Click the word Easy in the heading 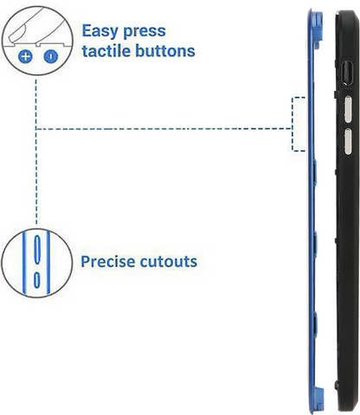click(100, 31)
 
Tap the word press click(145, 32)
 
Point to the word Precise click(108, 261)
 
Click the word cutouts click(169, 262)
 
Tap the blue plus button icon click(25, 56)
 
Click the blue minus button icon click(51, 56)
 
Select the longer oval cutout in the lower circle click(37, 250)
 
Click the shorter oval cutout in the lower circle click(36, 280)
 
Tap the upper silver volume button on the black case click(348, 109)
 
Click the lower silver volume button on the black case click(348, 142)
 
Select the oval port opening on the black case click(347, 73)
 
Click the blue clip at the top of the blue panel click(318, 29)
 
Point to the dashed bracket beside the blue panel click(292, 124)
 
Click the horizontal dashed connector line click(164, 129)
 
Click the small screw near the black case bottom click(337, 384)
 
